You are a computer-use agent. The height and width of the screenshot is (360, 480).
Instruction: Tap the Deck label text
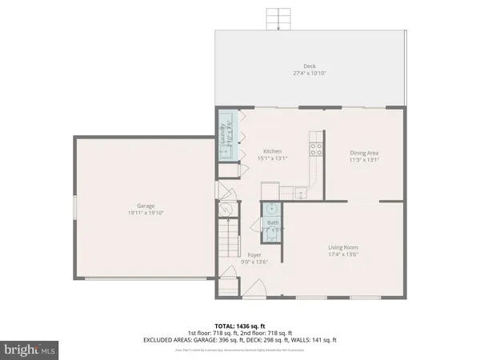[309, 66]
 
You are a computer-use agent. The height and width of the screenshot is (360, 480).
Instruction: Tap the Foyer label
[254, 254]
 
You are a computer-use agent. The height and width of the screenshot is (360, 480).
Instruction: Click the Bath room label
[272, 223]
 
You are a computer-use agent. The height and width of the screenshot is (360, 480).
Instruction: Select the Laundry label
[225, 136]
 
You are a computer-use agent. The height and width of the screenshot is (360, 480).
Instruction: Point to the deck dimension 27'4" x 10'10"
[309, 73]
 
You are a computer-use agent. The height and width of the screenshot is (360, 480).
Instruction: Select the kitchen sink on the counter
[300, 191]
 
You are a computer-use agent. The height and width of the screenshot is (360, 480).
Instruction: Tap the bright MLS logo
[30, 349]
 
